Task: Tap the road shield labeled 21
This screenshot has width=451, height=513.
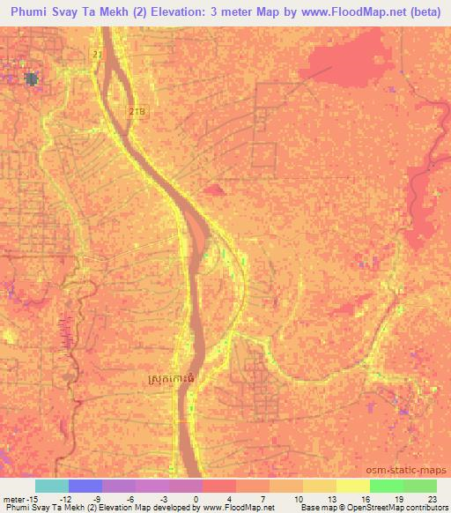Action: click(97, 55)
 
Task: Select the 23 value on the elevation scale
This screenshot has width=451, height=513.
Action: click(431, 499)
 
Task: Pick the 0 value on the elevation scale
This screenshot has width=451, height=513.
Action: click(195, 499)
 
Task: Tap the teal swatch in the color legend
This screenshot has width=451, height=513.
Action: click(51, 486)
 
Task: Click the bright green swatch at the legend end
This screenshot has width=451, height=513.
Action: click(419, 486)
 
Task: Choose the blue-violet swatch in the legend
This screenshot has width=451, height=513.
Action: click(85, 486)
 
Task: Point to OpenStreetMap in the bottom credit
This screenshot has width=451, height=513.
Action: click(384, 508)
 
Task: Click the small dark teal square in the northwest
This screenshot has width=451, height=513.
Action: click(33, 78)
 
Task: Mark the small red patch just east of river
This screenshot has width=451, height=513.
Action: click(214, 189)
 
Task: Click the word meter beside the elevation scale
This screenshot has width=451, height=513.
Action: click(12, 499)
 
